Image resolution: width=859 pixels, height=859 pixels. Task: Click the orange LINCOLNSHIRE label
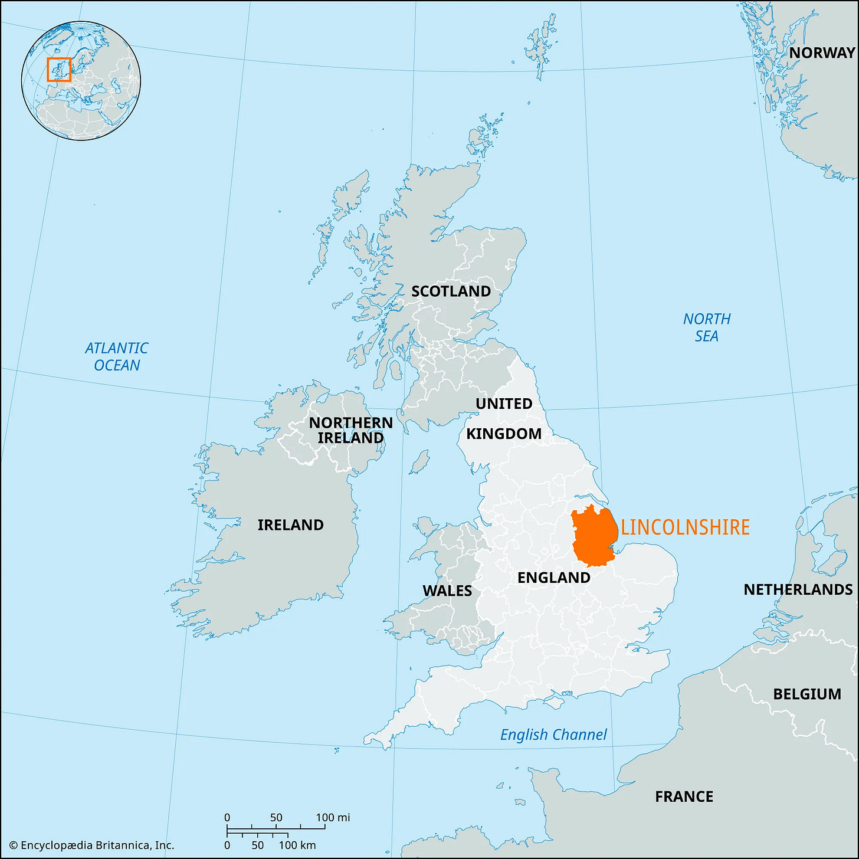685,527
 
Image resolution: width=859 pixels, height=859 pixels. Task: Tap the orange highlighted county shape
594,536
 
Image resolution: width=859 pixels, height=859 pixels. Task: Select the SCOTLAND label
451,291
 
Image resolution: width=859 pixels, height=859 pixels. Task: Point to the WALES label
447,591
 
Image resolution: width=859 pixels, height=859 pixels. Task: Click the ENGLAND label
553,578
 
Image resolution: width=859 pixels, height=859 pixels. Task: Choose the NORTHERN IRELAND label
350,430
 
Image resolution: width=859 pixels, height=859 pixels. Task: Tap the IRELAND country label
290,524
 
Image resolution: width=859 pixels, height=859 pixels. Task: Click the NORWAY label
822,53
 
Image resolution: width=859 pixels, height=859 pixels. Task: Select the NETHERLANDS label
798,589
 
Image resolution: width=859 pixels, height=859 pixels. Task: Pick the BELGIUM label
807,694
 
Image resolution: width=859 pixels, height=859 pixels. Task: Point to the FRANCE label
684,796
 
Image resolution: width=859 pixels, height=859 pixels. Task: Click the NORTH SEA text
707,327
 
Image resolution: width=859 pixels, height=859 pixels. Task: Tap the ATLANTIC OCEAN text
117,356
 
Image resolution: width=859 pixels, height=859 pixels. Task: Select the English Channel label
553,735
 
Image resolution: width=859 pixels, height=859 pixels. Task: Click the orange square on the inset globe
59,69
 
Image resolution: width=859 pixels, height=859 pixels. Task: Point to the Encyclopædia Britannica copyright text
91,845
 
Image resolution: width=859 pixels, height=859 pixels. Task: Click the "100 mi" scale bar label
333,817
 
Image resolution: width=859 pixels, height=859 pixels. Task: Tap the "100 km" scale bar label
297,845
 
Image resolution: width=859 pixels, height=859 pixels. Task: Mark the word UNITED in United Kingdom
504,404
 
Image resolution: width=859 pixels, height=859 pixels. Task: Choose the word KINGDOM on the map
504,434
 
